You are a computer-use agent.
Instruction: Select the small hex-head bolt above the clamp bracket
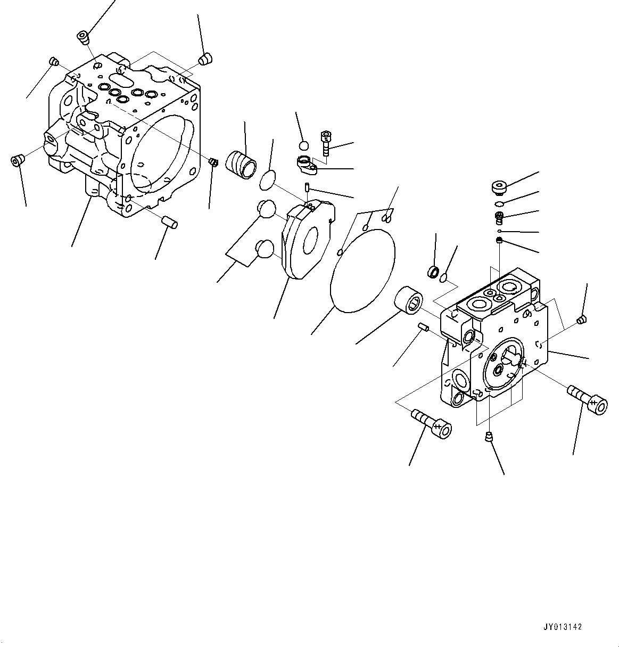(326, 142)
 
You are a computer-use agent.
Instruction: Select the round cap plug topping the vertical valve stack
(499, 188)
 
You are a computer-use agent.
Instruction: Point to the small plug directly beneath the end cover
(488, 438)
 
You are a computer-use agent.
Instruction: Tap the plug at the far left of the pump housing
(18, 160)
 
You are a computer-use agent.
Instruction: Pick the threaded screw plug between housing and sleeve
(213, 161)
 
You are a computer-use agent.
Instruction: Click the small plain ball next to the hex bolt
(303, 145)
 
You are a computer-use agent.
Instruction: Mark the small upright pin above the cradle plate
(308, 187)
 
